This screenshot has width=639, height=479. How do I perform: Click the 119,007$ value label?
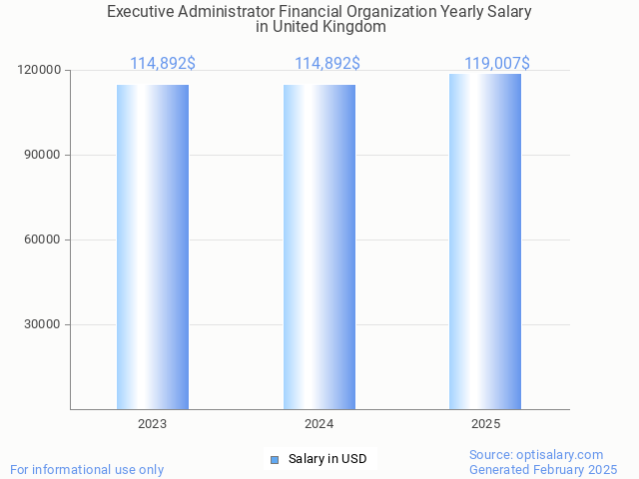pyautogui.click(x=496, y=64)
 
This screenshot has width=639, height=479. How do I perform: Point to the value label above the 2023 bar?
pyautogui.click(x=163, y=64)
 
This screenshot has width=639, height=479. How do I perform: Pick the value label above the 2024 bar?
pyautogui.click(x=327, y=64)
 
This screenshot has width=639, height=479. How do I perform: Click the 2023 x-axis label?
pyautogui.click(x=153, y=424)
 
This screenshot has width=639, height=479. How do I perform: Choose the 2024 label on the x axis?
pyautogui.click(x=319, y=424)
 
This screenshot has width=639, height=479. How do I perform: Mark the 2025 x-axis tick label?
pyautogui.click(x=485, y=424)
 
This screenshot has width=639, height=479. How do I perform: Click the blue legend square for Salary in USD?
pyautogui.click(x=276, y=459)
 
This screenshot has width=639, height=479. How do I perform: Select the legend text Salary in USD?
pyautogui.click(x=327, y=459)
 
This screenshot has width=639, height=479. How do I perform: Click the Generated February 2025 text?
pyautogui.click(x=543, y=469)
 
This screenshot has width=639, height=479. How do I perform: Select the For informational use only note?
pyautogui.click(x=87, y=469)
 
